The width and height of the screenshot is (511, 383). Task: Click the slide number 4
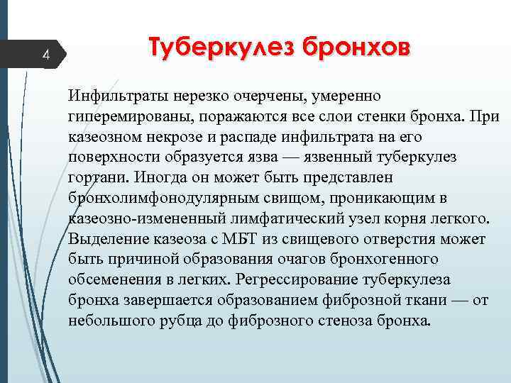pyautogui.click(x=45, y=54)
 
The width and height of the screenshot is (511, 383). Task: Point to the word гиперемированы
pyautogui.click(x=129, y=115)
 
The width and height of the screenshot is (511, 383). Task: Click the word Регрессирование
pyautogui.click(x=297, y=279)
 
